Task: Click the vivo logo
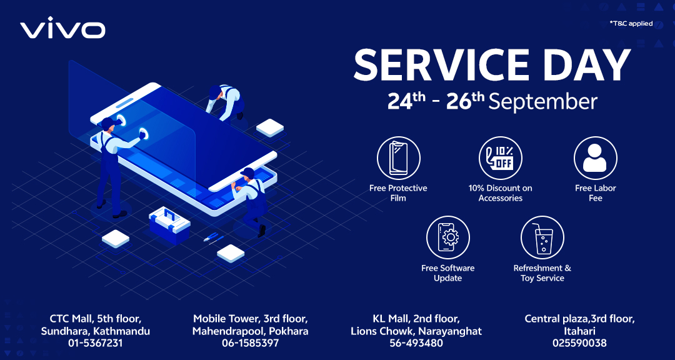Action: [63, 28]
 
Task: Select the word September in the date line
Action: [543, 102]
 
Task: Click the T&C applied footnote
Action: [631, 24]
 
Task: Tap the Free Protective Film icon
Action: [398, 158]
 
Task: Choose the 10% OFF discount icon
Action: [500, 158]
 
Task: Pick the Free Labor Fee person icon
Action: [596, 158]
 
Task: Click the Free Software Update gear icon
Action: [447, 237]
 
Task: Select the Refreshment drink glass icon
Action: [542, 237]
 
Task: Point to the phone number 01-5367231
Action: [95, 343]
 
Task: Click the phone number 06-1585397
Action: [250, 343]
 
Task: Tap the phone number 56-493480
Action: [416, 343]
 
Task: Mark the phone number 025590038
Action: [579, 343]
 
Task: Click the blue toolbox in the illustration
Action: [169, 225]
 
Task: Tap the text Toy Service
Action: [542, 278]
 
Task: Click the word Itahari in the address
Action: [579, 332]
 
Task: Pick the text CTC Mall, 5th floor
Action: [95, 319]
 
